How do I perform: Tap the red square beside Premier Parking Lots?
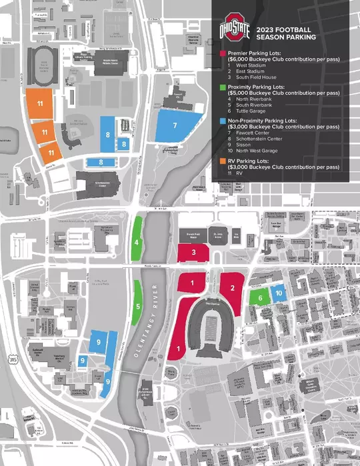(223, 53)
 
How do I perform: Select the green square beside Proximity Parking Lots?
(223, 87)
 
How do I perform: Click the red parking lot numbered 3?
(193, 253)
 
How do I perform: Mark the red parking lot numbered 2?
(233, 288)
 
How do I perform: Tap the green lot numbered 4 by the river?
(136, 242)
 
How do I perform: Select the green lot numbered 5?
(137, 306)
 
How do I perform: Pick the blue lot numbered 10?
(279, 293)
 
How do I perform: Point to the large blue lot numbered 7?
(175, 125)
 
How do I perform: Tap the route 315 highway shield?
(13, 360)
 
